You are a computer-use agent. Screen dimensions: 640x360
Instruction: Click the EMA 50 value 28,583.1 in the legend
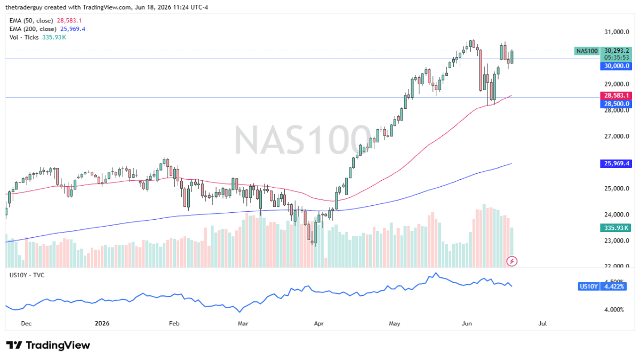69,21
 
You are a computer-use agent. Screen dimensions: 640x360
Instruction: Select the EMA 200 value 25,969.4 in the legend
73,29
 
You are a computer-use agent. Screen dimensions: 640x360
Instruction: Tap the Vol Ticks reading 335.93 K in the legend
54,37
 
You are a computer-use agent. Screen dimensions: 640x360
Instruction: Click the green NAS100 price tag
587,51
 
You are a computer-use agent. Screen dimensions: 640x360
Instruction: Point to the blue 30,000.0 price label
616,66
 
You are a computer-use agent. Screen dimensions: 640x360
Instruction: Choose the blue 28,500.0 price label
616,103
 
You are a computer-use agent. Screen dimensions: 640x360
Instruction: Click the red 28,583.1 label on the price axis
616,95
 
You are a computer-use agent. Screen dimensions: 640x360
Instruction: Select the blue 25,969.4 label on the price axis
616,163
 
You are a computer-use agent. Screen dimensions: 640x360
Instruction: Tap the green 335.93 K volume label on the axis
615,228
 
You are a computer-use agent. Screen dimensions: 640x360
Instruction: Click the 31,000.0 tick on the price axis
617,31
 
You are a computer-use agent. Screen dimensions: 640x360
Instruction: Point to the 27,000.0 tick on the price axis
617,136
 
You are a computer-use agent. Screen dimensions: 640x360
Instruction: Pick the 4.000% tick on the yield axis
614,309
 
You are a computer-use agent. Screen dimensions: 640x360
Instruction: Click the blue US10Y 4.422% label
602,286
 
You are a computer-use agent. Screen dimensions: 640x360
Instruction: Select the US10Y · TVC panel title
27,275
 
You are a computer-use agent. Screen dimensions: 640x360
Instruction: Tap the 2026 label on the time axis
102,323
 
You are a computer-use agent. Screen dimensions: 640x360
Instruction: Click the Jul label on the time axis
542,323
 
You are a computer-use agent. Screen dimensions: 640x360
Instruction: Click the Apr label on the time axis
318,323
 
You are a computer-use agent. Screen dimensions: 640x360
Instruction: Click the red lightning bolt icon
511,261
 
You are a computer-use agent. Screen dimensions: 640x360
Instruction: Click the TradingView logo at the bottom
48,345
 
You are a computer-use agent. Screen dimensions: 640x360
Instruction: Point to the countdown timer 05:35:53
617,58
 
